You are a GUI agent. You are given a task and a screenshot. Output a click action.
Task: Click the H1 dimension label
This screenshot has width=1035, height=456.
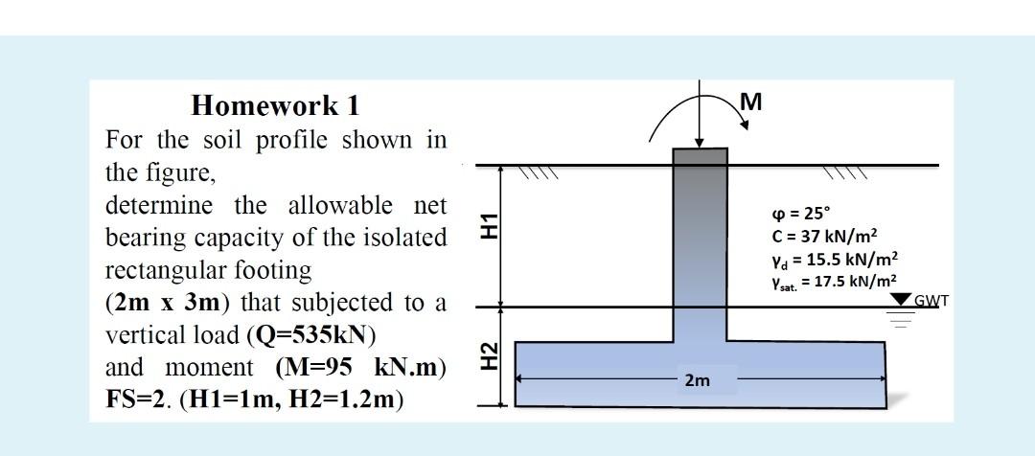coord(489,226)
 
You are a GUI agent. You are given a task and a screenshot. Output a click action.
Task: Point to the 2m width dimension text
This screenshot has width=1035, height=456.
coord(697,381)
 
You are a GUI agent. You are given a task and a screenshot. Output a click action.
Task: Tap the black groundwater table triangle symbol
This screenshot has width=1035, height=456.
coord(900,301)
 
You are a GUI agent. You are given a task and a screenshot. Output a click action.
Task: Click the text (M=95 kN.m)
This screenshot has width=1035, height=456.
coord(361,367)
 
